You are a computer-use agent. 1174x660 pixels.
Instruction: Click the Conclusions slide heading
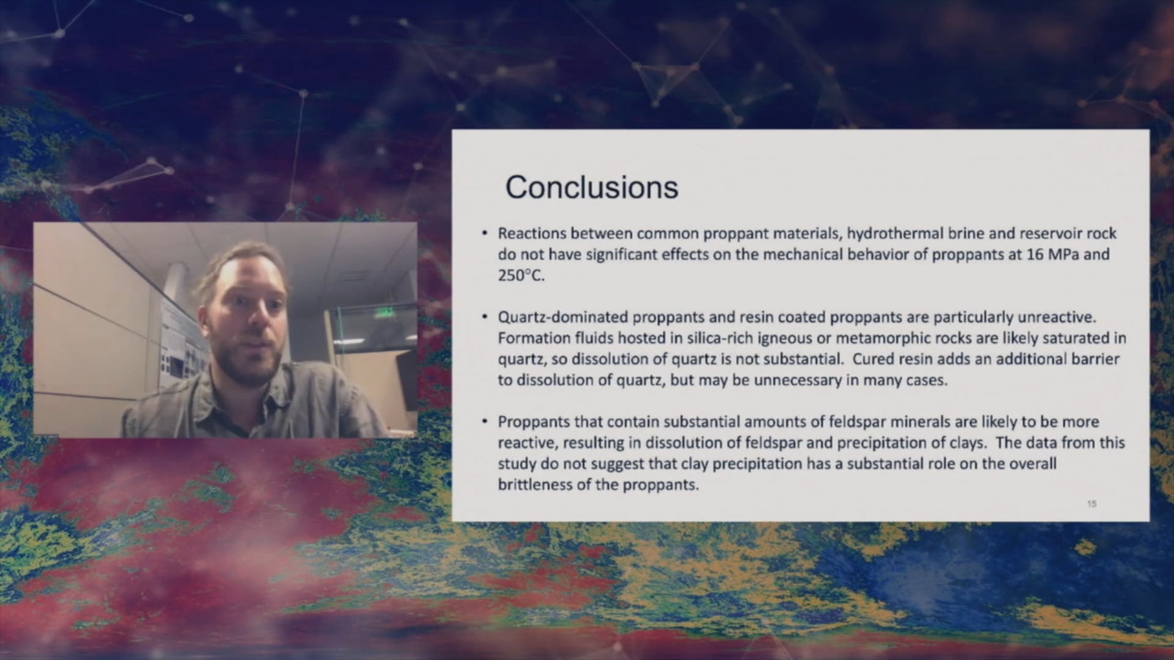[591, 187]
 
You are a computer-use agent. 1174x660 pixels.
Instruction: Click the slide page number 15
[1091, 504]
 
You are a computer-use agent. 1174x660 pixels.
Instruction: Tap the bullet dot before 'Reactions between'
[485, 233]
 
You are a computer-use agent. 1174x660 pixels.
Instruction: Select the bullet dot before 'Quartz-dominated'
[485, 317]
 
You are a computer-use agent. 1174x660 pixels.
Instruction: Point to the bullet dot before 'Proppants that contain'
[485, 422]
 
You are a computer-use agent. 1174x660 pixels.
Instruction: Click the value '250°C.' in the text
[520, 276]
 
